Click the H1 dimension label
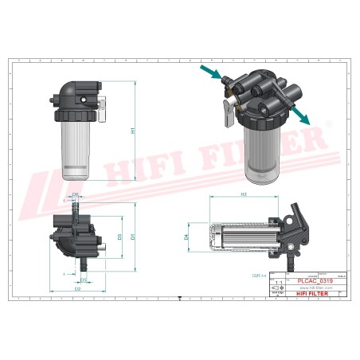(134, 131)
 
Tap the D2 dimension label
(77, 289)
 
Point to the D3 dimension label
(119, 237)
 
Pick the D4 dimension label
(186, 237)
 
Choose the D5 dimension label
(84, 280)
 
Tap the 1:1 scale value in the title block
(277, 282)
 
